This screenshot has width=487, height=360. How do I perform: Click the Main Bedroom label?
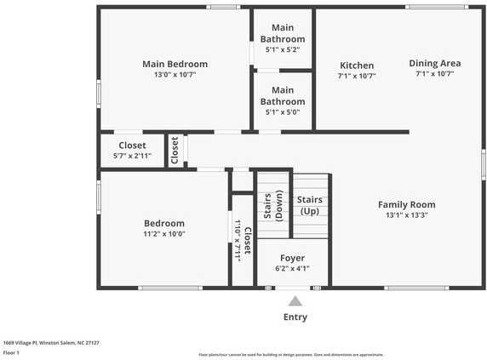point(175,64)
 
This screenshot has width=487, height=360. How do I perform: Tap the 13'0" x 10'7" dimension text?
point(175,75)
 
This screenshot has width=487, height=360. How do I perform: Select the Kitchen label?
point(357,66)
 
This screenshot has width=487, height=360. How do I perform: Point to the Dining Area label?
point(434,63)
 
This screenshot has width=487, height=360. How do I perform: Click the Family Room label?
point(406,204)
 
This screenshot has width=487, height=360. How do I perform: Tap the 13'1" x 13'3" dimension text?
point(406,215)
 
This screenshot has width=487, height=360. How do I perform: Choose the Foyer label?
point(291,258)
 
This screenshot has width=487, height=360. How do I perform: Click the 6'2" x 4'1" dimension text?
point(291,268)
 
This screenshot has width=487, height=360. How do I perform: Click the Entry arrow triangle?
point(295,300)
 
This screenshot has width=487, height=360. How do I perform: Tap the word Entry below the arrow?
point(295,317)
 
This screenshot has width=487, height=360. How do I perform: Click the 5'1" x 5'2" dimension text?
point(283,50)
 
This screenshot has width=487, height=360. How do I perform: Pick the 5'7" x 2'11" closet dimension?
point(132,156)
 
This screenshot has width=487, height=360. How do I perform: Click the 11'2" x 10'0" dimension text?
point(163,234)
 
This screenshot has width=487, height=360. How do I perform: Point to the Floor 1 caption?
point(11,351)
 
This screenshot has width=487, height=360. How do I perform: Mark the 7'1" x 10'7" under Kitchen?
point(357,76)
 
